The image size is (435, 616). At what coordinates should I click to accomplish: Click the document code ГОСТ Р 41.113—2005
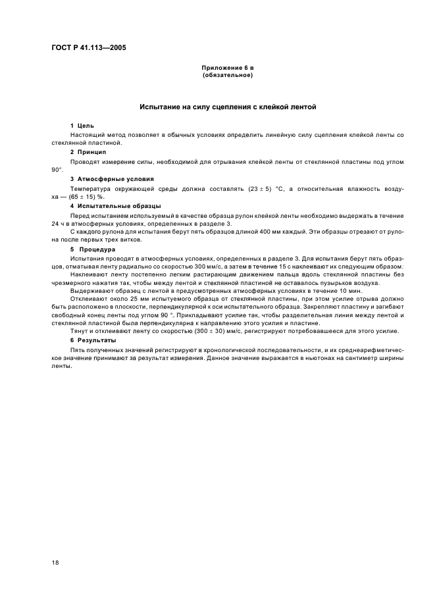[89, 48]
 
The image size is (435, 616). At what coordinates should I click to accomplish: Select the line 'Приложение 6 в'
[227, 68]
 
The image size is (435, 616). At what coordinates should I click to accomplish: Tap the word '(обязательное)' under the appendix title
[227, 74]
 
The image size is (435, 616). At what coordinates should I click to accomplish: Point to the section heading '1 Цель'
[82, 125]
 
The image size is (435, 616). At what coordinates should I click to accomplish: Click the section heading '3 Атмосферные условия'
[112, 179]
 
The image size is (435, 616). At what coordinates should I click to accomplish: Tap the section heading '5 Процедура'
[93, 250]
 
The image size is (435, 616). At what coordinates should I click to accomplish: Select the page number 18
[56, 563]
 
